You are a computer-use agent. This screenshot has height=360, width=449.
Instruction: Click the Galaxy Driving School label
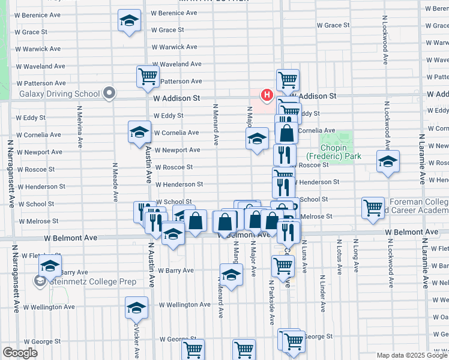click(x=59, y=94)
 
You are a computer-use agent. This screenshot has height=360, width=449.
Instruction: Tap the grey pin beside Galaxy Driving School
click(x=109, y=93)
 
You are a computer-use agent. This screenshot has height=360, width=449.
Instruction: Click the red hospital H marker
click(x=266, y=94)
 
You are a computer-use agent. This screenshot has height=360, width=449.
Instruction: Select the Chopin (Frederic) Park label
click(x=341, y=151)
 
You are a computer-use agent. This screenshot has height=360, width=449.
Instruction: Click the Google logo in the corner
click(x=20, y=353)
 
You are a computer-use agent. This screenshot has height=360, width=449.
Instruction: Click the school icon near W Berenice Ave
click(x=129, y=20)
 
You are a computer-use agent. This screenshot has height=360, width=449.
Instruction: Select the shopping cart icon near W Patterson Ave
click(x=147, y=77)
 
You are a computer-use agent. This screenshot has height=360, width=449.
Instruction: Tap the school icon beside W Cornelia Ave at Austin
click(x=139, y=132)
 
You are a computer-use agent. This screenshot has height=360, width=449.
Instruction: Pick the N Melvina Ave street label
click(x=79, y=127)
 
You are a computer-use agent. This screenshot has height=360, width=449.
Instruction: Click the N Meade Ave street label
click(x=115, y=182)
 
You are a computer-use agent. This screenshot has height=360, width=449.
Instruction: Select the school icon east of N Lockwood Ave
click(x=388, y=161)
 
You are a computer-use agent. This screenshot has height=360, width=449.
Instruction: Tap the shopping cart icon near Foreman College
click(x=373, y=208)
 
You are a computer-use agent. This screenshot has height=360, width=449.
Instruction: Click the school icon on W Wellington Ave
click(x=136, y=308)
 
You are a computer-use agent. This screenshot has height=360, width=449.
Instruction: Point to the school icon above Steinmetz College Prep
click(x=49, y=265)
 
